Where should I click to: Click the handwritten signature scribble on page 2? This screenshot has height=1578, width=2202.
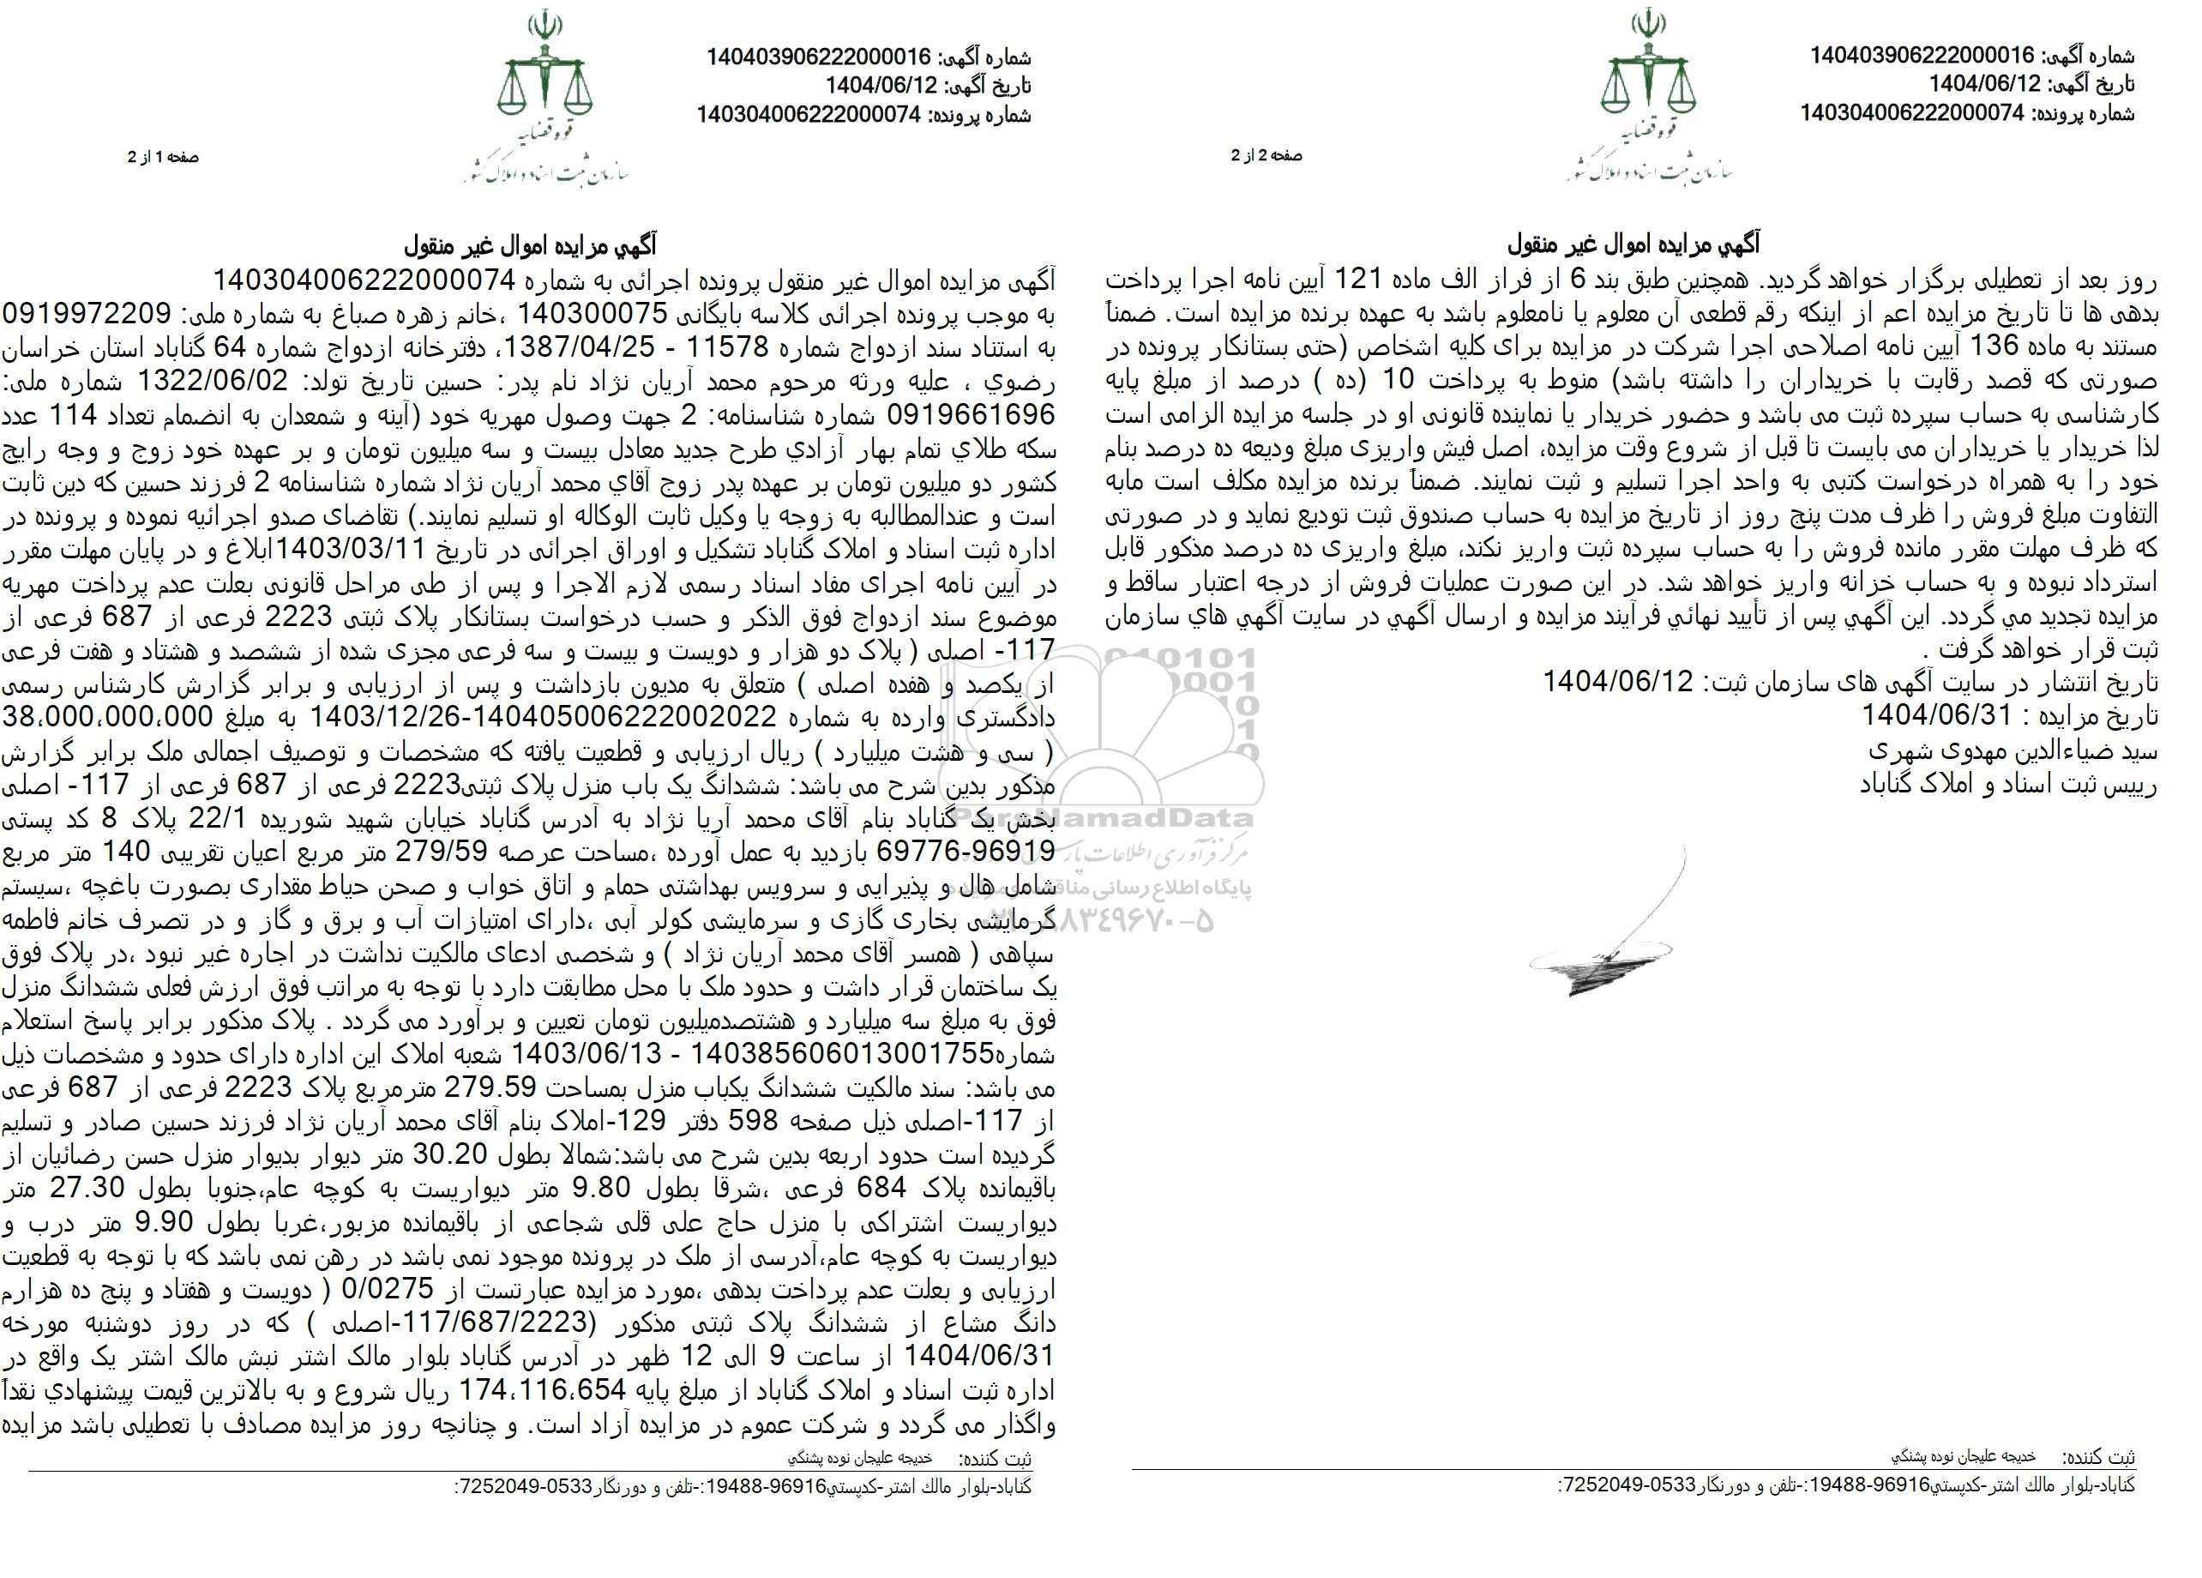point(1612,932)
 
